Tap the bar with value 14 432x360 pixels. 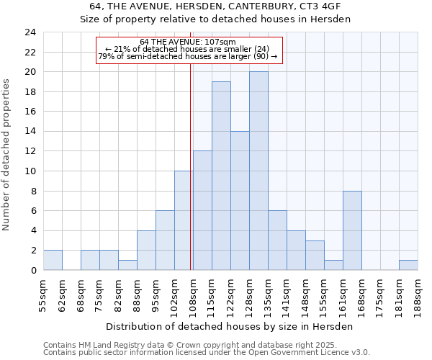coord(240,201)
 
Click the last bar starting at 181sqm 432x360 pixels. coord(408,265)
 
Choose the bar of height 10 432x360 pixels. coord(184,220)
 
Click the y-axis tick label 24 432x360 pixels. coord(30,32)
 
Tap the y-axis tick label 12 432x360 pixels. coord(30,151)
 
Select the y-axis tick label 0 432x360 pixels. coord(32,270)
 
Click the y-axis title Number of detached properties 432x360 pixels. coord(7,155)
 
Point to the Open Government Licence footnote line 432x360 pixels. coord(206,353)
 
